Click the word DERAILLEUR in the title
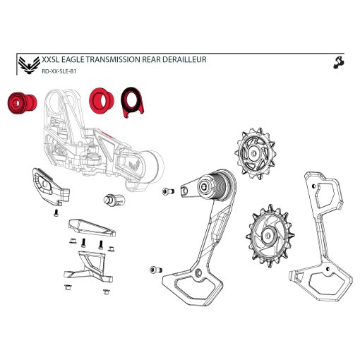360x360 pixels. click(x=184, y=59)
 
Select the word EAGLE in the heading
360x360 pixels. click(x=73, y=59)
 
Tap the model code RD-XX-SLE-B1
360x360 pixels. click(x=59, y=71)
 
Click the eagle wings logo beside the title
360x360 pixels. click(x=29, y=65)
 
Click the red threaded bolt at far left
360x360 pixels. click(x=22, y=103)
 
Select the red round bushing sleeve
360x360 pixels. click(x=102, y=101)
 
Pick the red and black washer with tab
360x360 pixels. click(x=132, y=102)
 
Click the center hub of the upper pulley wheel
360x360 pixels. click(x=254, y=153)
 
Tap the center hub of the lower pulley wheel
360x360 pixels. click(x=269, y=235)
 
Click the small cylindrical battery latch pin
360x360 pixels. click(x=114, y=200)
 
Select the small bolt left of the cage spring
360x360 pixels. click(x=168, y=191)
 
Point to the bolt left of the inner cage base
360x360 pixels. click(x=156, y=270)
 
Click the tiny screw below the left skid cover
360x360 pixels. click(x=56, y=213)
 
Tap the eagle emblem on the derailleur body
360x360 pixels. click(x=135, y=164)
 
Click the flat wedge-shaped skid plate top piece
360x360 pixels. click(x=92, y=227)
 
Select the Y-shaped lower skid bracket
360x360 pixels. click(x=88, y=267)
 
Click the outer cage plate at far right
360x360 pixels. click(x=320, y=235)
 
